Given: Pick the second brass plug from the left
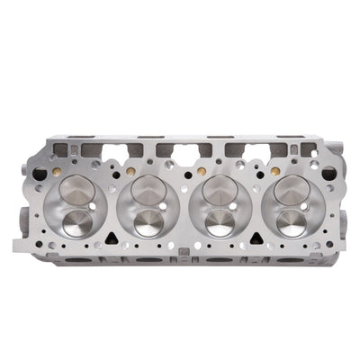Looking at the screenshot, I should [131, 170].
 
